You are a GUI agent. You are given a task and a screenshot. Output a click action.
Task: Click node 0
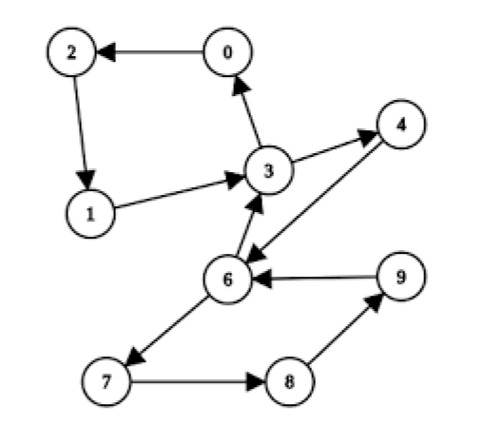coord(228,53)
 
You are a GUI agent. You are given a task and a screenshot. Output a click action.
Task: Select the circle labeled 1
coord(90,212)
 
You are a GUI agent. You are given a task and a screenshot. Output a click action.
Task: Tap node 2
coord(71,52)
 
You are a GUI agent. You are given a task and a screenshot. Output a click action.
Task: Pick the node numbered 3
coord(269,171)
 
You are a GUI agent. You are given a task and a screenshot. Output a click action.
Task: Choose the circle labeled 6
coord(227,280)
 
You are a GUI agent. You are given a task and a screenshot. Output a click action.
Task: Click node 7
coord(105,382)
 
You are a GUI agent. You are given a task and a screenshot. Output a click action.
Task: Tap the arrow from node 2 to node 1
coord(81,132)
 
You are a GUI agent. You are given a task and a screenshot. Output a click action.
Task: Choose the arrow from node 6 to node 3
coord(247,226)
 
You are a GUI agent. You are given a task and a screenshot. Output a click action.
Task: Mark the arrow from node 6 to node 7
coord(166,331)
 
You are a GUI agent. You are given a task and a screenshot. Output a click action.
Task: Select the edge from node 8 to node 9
coord(344,331)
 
